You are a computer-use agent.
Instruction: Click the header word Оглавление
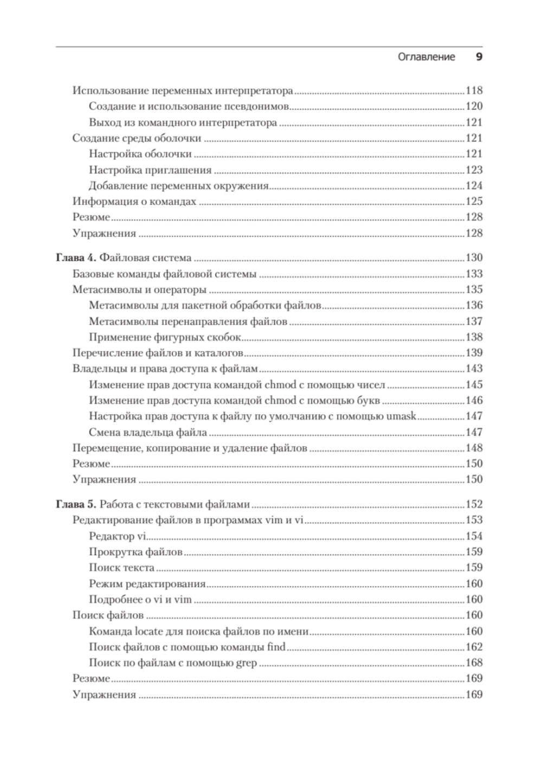[x=426, y=57]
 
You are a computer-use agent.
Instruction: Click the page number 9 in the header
[x=479, y=57]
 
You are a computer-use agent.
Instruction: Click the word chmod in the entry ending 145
[x=280, y=385]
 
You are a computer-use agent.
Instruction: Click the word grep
[x=247, y=662]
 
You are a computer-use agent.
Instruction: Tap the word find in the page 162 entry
[x=276, y=647]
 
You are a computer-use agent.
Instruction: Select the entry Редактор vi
[x=118, y=536]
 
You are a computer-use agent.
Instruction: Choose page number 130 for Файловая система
[x=474, y=258]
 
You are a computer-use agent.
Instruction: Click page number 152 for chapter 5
[x=474, y=505]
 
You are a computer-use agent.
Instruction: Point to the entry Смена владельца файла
[x=148, y=433]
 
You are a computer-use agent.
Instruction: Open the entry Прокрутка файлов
[x=135, y=552]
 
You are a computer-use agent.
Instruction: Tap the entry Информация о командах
[x=134, y=202]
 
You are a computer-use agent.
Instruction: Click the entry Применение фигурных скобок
[x=165, y=337]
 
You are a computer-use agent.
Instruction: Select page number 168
[x=474, y=662]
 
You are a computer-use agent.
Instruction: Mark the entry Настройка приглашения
[x=150, y=170]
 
